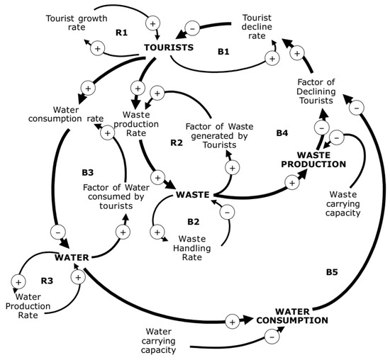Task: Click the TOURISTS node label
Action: (x=169, y=47)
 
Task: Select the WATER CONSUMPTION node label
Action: (x=301, y=315)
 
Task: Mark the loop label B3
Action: (x=88, y=171)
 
